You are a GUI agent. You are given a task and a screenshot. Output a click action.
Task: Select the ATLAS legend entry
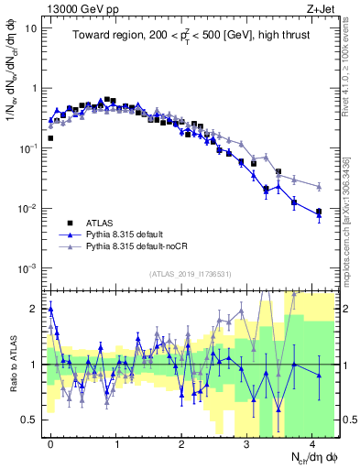(101, 223)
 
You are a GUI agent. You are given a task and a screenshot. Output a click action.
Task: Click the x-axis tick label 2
(181, 442)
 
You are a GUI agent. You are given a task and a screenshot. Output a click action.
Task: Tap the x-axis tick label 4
(312, 442)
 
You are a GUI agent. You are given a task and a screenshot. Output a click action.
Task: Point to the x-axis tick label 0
(50, 442)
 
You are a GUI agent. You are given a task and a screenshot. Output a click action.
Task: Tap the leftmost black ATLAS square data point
(50, 138)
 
